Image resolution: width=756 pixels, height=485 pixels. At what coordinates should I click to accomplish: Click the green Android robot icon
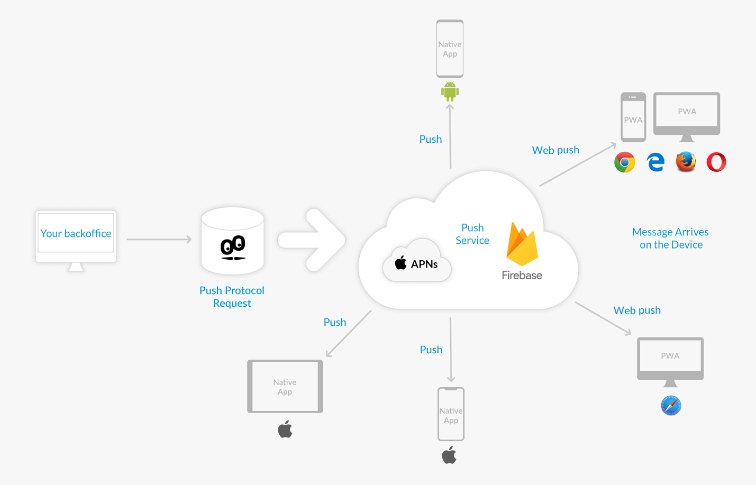click(x=450, y=91)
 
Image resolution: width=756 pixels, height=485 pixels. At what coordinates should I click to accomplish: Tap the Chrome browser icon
click(x=624, y=162)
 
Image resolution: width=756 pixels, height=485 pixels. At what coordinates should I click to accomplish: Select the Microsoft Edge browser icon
click(x=655, y=162)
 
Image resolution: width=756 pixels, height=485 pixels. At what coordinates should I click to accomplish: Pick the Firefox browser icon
click(x=686, y=162)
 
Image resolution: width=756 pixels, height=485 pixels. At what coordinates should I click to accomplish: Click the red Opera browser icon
click(x=716, y=162)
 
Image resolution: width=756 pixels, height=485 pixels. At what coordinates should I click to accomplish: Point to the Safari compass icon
click(x=671, y=406)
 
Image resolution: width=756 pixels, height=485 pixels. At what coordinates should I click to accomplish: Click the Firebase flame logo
click(x=522, y=244)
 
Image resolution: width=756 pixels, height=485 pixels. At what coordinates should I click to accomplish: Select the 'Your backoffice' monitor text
click(x=76, y=233)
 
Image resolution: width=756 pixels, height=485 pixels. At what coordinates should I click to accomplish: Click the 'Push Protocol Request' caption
click(x=232, y=297)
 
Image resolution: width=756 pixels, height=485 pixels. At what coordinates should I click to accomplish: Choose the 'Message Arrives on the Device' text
click(x=670, y=238)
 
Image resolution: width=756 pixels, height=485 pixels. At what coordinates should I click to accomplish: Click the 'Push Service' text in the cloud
click(x=472, y=234)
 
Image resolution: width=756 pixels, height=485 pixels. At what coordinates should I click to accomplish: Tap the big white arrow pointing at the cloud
click(x=312, y=240)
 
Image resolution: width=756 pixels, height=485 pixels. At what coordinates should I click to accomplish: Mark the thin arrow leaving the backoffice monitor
click(x=159, y=240)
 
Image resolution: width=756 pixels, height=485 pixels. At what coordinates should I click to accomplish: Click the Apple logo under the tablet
click(x=285, y=429)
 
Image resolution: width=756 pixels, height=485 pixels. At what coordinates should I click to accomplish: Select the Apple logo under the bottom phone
click(x=449, y=455)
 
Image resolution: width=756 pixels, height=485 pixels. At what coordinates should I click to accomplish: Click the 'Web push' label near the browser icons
click(x=555, y=150)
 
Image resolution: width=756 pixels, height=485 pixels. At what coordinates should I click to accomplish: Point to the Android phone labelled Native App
click(x=450, y=49)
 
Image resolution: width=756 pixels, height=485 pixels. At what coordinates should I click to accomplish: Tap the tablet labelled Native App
click(x=285, y=386)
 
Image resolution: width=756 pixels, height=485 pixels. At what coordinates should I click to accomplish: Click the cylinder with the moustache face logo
click(x=233, y=241)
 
